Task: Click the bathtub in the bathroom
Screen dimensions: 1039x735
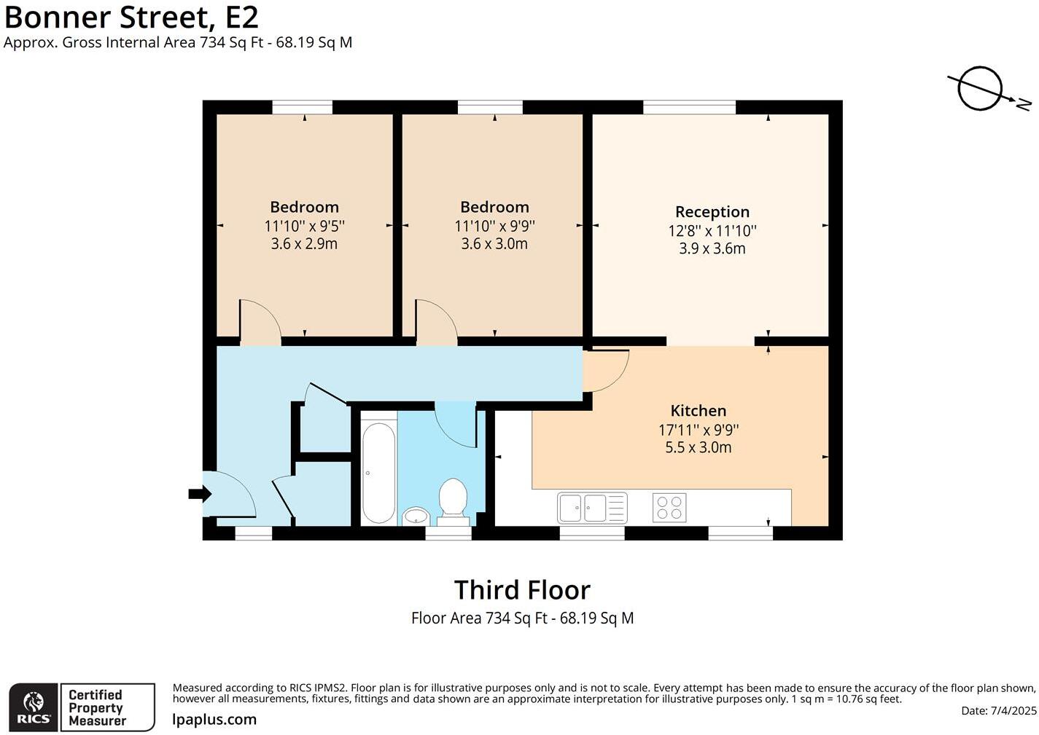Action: [379, 472]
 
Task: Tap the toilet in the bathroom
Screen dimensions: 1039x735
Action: [452, 502]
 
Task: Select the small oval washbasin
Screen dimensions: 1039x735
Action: [416, 515]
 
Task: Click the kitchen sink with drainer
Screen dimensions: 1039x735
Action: [592, 508]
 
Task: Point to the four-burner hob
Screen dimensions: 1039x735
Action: [669, 508]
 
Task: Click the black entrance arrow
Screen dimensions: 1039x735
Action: [200, 494]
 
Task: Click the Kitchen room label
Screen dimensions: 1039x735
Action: [698, 411]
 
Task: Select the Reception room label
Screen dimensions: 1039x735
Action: [712, 212]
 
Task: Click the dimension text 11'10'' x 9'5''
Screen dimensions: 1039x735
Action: [304, 226]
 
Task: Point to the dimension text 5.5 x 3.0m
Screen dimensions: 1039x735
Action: [698, 448]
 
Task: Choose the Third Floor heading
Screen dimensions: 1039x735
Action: [522, 590]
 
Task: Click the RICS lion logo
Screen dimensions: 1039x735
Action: [34, 707]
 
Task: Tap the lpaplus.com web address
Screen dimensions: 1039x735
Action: [214, 719]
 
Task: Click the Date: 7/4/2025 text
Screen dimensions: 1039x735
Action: [998, 710]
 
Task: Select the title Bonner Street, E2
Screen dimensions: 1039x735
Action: [131, 17]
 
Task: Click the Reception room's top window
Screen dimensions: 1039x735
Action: [689, 107]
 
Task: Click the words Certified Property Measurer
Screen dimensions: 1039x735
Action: [98, 707]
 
